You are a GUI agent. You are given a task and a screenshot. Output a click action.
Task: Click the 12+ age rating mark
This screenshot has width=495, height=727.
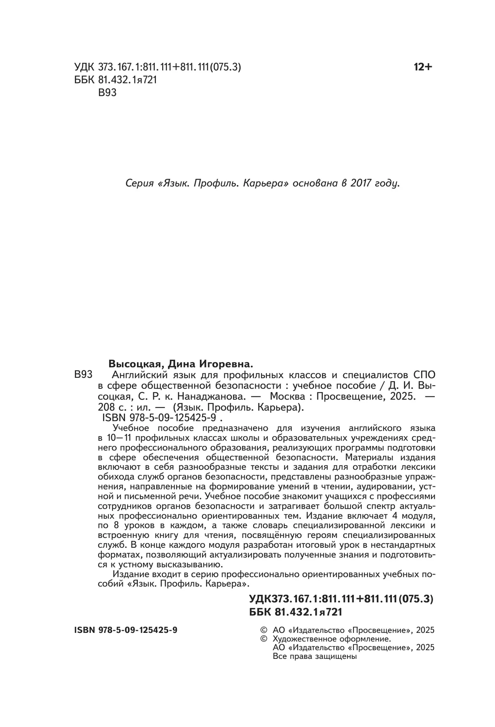pyautogui.click(x=422, y=67)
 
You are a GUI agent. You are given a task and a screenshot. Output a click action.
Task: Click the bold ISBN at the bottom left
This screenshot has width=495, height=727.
pyautogui.click(x=126, y=630)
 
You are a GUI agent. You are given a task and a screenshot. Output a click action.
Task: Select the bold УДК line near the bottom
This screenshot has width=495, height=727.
pyautogui.click(x=341, y=599)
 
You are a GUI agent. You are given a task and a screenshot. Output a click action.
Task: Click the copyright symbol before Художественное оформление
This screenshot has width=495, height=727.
pyautogui.click(x=262, y=639)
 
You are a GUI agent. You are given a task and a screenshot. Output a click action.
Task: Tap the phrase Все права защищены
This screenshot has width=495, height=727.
pyautogui.click(x=315, y=656)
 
